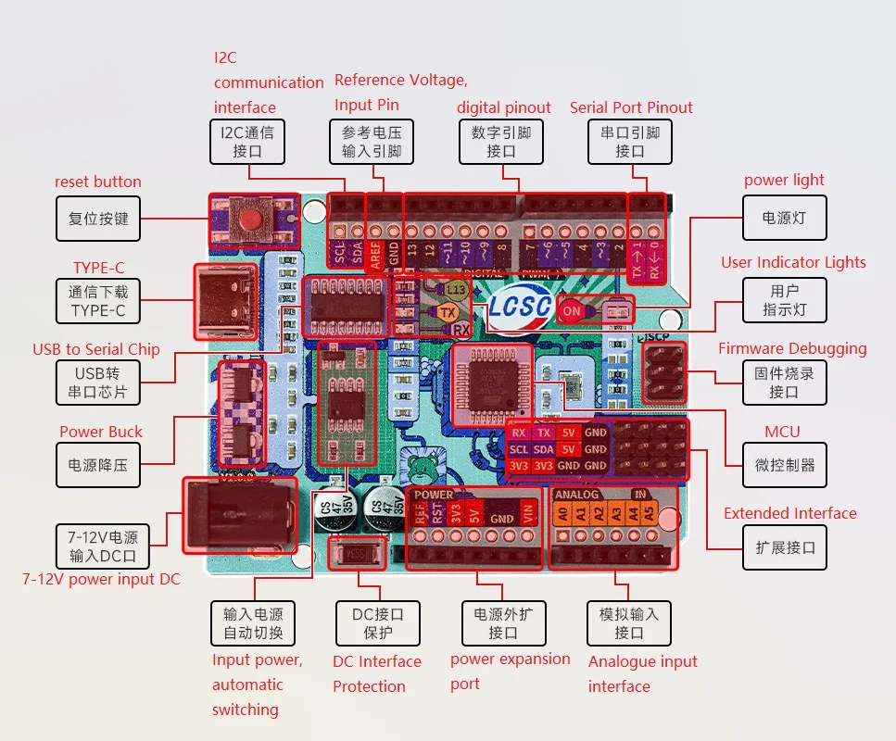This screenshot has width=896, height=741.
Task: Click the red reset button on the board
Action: pos(251,220)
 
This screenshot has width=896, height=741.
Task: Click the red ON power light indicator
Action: pos(572,311)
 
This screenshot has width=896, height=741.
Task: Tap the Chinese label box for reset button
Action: pos(98,220)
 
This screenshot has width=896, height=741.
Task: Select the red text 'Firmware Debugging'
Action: pos(792,348)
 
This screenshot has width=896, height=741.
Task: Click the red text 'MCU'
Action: pos(782,432)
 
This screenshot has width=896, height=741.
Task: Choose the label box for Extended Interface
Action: pos(785,547)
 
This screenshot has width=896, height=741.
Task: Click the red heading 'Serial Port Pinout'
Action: pos(631,107)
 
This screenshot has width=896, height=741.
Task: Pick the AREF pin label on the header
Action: pos(376,251)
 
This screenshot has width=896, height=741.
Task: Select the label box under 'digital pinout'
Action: pos(501,142)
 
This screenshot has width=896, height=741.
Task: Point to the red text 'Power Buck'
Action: pos(101,432)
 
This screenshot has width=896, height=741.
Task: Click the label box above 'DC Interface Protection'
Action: pos(375,623)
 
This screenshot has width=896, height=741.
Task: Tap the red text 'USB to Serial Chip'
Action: pos(96,349)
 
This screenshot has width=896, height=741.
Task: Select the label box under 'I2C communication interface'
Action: pos(246,142)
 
